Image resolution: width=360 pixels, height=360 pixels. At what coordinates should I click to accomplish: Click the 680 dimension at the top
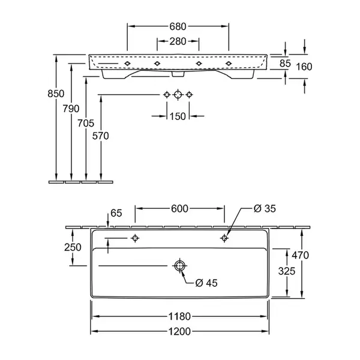pyautogui.click(x=178, y=26)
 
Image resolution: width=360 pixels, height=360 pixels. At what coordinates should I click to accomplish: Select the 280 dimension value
pyautogui.click(x=178, y=41)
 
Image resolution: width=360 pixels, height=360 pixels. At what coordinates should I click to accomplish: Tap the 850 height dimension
pyautogui.click(x=56, y=94)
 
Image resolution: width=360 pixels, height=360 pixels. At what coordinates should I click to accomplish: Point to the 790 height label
pyautogui.click(x=71, y=109)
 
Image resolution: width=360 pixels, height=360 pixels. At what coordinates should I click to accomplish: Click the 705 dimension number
pyautogui.click(x=86, y=123)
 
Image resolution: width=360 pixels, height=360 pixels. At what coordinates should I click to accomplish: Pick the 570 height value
pyautogui.click(x=100, y=136)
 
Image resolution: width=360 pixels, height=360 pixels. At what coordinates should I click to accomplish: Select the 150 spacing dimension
pyautogui.click(x=178, y=116)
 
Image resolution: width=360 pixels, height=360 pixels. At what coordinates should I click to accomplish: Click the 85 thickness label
pyautogui.click(x=285, y=64)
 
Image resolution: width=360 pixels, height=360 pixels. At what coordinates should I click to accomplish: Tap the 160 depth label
pyautogui.click(x=304, y=67)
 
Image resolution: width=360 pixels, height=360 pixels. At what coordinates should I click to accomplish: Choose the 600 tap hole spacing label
pyautogui.click(x=179, y=209)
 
